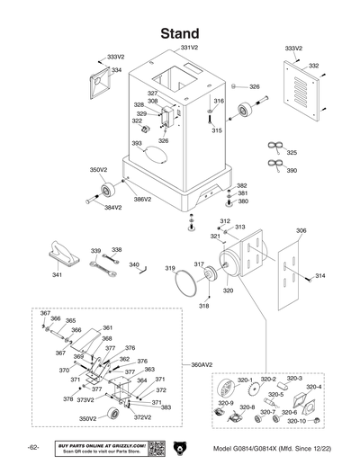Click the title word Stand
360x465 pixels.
pyautogui.click(x=179, y=33)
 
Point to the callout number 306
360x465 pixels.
pyautogui.click(x=301, y=231)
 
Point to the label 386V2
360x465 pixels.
pyautogui.click(x=142, y=199)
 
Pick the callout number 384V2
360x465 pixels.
pyautogui.click(x=112, y=208)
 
